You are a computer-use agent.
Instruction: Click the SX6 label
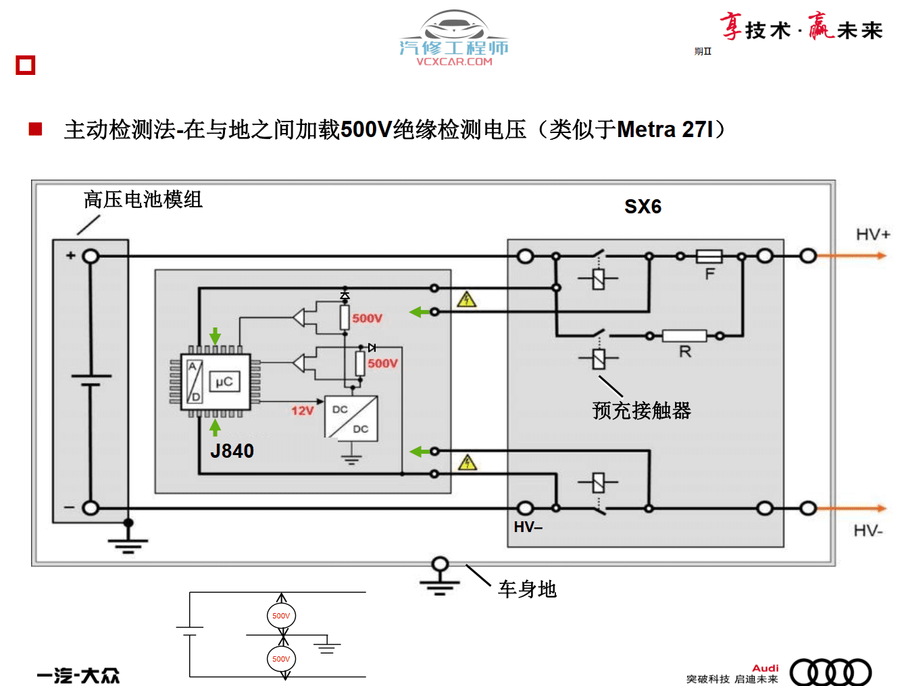click(643, 207)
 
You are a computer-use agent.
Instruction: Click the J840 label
click(232, 451)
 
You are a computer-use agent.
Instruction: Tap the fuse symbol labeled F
click(709, 257)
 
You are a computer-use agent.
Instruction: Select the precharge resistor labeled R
click(684, 336)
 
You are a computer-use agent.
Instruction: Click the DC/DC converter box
click(351, 419)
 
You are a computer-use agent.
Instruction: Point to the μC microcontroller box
click(224, 382)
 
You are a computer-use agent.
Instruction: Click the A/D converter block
click(195, 381)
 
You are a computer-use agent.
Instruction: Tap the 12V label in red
click(302, 411)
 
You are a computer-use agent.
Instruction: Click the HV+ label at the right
click(873, 234)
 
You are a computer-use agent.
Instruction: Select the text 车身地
click(527, 589)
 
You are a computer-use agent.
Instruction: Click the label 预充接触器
click(641, 411)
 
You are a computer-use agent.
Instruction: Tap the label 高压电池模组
click(143, 200)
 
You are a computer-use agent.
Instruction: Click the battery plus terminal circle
click(91, 257)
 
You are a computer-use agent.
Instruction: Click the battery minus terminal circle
click(91, 508)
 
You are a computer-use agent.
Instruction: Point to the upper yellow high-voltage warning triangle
click(466, 300)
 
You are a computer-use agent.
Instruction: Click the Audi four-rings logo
click(830, 672)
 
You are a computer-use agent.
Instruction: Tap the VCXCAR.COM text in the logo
click(454, 61)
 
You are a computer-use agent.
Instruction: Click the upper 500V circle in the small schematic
click(281, 616)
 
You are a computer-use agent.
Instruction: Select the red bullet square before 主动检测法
click(36, 129)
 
